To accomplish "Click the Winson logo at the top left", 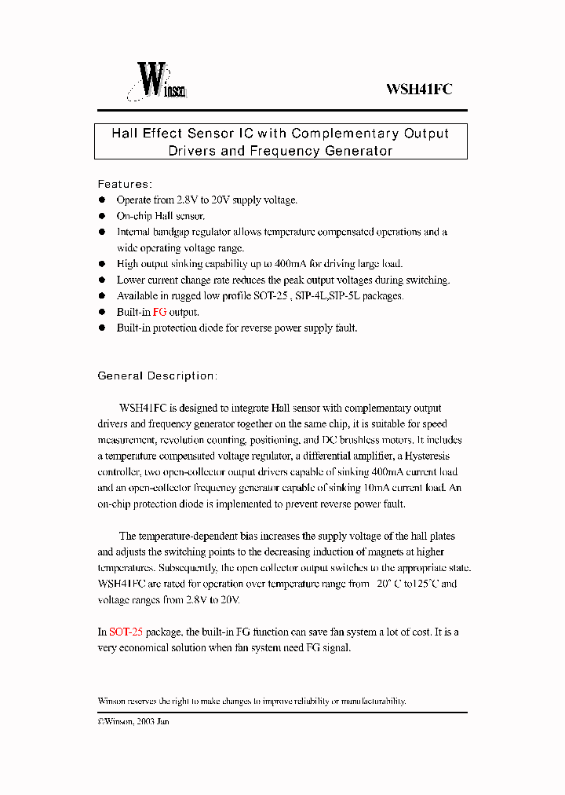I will [x=157, y=82].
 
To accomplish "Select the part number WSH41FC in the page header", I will [x=418, y=90].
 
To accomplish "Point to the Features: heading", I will [x=125, y=184].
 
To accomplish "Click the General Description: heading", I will [x=157, y=376].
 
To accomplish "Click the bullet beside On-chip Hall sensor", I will [x=101, y=216].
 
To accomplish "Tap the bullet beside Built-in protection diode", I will [x=101, y=328].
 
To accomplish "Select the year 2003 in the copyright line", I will [x=147, y=721].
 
